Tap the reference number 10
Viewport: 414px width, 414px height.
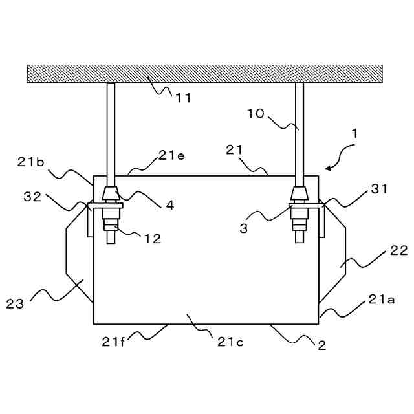256,113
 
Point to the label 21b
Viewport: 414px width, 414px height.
30,162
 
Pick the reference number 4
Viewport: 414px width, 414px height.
169,205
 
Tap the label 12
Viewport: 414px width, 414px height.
153,238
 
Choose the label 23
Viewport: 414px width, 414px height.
15,302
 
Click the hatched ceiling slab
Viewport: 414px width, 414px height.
207,73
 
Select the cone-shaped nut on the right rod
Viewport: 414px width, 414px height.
299,193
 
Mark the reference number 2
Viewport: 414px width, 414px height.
321,345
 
